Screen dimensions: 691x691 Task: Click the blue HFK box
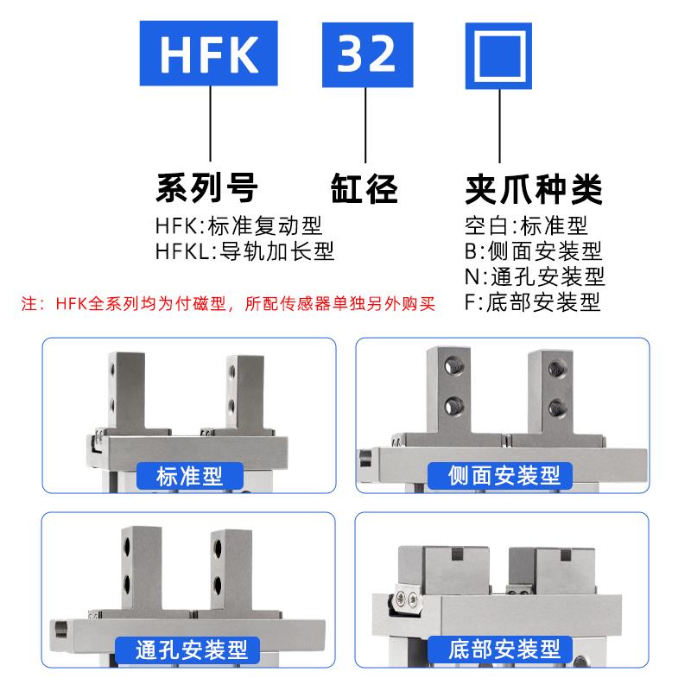[210, 54]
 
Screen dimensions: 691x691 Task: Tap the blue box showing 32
[366, 54]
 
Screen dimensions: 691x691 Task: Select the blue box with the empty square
[503, 54]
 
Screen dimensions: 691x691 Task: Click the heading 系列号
[206, 186]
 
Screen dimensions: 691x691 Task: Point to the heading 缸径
[364, 186]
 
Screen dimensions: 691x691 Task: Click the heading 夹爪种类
[533, 186]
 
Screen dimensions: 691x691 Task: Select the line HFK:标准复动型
[238, 226]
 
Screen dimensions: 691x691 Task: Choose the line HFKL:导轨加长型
[244, 251]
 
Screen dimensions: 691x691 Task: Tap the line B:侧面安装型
[532, 251]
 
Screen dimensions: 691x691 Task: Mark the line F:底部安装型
[532, 301]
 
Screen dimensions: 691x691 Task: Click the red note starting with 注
[229, 304]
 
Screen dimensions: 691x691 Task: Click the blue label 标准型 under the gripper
[189, 476]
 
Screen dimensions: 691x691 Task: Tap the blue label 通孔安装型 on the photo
[189, 648]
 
